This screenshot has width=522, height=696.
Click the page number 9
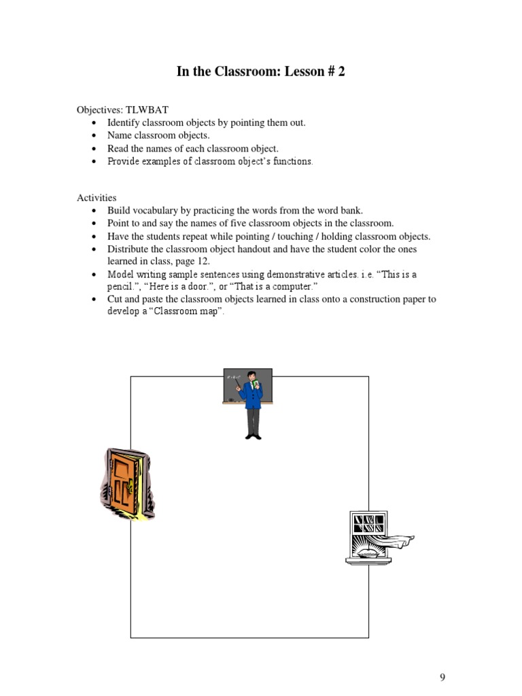[442, 677]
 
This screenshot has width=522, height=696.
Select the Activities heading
[97, 197]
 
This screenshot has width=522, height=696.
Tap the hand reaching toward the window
[404, 541]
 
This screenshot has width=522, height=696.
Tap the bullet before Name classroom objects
[93, 136]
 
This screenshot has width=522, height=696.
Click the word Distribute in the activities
[128, 249]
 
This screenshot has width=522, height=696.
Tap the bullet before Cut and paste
[93, 299]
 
